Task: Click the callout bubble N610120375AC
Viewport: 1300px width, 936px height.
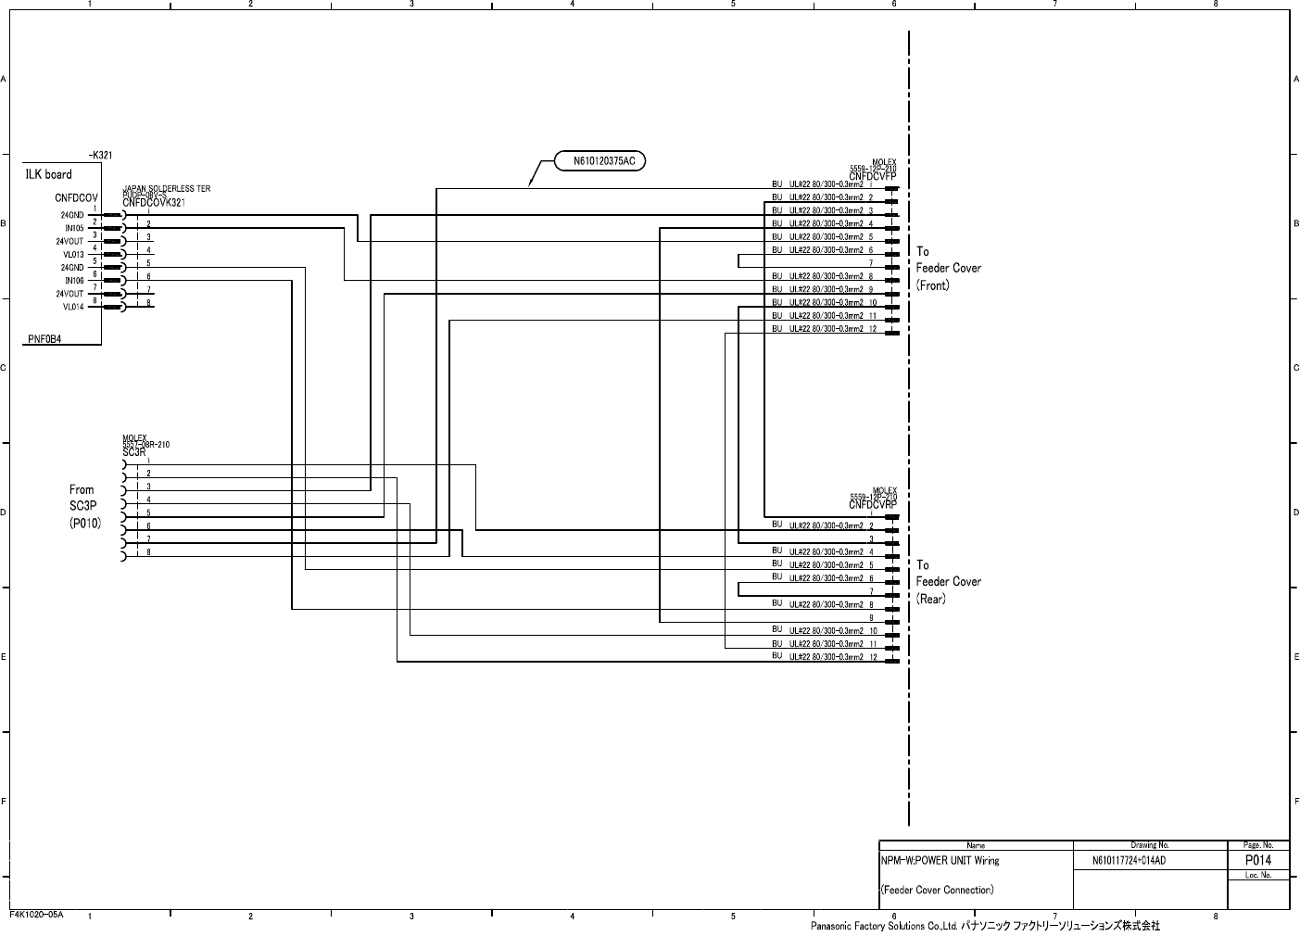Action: click(x=604, y=161)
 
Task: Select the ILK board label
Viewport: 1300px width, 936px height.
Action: click(x=48, y=174)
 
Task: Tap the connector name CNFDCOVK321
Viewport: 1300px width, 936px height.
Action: click(x=153, y=203)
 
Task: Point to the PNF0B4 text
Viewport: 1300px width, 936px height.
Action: click(x=44, y=339)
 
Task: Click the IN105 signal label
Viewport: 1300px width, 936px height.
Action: click(x=74, y=228)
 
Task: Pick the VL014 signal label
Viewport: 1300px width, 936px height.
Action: click(x=73, y=307)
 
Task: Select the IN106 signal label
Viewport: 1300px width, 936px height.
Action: click(x=74, y=281)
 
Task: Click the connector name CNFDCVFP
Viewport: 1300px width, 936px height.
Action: click(x=872, y=176)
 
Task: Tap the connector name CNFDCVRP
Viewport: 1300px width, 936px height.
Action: click(x=872, y=506)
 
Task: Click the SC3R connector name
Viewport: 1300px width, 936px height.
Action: click(x=133, y=452)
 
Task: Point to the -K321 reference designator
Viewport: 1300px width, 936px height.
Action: click(x=100, y=156)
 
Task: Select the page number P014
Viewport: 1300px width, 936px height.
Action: click(x=1257, y=860)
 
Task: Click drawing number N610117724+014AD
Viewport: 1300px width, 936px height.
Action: click(x=1129, y=861)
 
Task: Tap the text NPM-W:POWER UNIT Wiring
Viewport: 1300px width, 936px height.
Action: click(x=940, y=861)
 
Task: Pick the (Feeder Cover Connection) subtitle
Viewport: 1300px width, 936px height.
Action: click(x=937, y=891)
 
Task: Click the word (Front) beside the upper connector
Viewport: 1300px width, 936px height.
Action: click(x=933, y=285)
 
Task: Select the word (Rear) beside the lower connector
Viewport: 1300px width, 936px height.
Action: click(x=931, y=599)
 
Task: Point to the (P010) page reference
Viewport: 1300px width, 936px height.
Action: click(x=84, y=524)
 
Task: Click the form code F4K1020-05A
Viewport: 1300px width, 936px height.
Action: click(x=36, y=915)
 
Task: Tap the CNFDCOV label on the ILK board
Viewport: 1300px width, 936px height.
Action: click(x=76, y=198)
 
